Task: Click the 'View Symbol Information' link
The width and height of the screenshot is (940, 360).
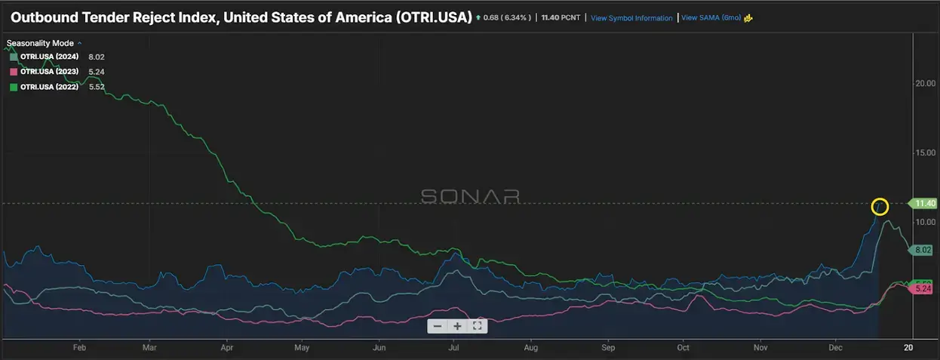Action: (631, 18)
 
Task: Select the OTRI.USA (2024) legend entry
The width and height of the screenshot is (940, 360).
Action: (49, 57)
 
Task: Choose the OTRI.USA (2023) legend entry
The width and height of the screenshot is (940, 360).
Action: (49, 72)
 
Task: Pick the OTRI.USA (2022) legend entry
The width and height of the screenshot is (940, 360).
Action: (49, 87)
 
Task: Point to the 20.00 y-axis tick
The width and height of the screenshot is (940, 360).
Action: (925, 84)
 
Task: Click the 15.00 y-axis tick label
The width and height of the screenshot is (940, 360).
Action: (925, 153)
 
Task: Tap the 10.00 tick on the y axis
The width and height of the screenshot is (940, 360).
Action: (925, 222)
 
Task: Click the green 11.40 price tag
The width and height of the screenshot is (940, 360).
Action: (924, 204)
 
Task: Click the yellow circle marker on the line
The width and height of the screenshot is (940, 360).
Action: (880, 206)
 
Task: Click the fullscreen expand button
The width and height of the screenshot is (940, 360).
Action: (477, 326)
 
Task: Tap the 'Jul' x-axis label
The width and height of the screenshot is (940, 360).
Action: (454, 348)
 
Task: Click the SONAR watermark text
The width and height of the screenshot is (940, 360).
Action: (470, 196)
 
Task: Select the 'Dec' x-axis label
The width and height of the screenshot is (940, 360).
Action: (835, 348)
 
